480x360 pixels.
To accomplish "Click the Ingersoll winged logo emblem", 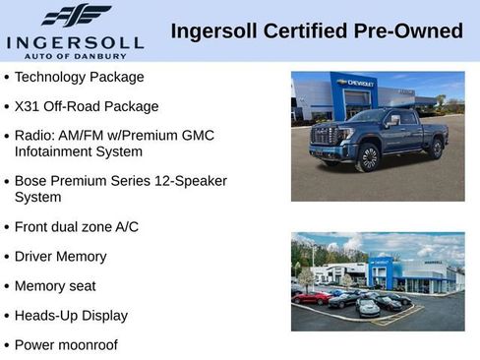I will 76,16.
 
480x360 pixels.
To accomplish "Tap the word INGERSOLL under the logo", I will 75,42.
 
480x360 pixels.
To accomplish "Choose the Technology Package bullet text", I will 79,77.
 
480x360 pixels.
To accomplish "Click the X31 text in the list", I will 29,106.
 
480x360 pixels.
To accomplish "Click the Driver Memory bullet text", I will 60,257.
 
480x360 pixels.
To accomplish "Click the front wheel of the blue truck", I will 368,157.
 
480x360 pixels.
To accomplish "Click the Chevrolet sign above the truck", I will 355,84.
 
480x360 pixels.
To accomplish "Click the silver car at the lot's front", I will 368,308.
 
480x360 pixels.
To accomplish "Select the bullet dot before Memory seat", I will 7,286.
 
